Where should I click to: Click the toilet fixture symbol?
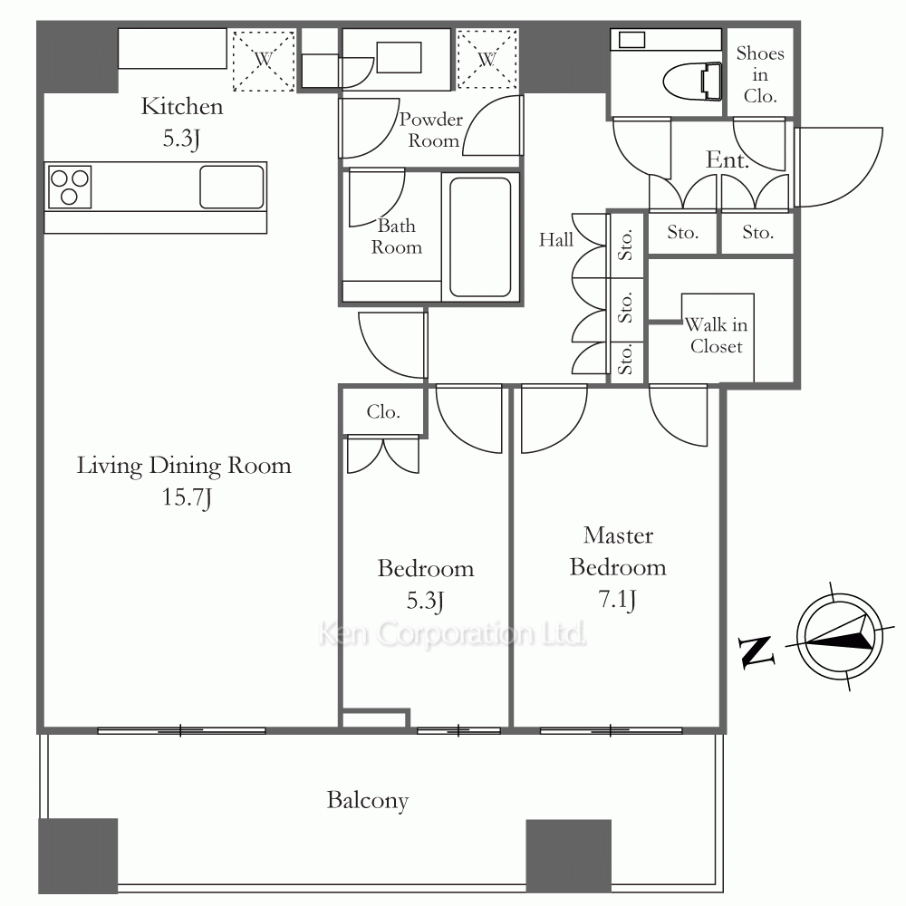(x=692, y=81)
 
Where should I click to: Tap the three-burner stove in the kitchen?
(x=70, y=187)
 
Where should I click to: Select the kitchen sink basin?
(x=232, y=187)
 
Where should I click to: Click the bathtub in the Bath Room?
(x=480, y=236)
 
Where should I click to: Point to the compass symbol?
(x=840, y=637)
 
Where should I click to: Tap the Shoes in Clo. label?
(x=760, y=74)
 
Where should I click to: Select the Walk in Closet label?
(x=716, y=335)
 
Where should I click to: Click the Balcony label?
(x=368, y=800)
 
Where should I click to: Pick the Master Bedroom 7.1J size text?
(x=617, y=600)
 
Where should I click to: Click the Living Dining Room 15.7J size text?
(x=186, y=497)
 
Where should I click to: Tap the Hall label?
(x=556, y=240)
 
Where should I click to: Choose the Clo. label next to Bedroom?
(x=383, y=412)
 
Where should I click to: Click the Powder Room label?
(x=431, y=130)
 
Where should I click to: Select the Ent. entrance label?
(x=728, y=159)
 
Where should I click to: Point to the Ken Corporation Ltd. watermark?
(x=452, y=634)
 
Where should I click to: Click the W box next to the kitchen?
(x=264, y=60)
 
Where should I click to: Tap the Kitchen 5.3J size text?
(x=181, y=139)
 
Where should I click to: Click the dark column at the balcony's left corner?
(x=78, y=856)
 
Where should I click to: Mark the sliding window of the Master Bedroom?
(x=612, y=731)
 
